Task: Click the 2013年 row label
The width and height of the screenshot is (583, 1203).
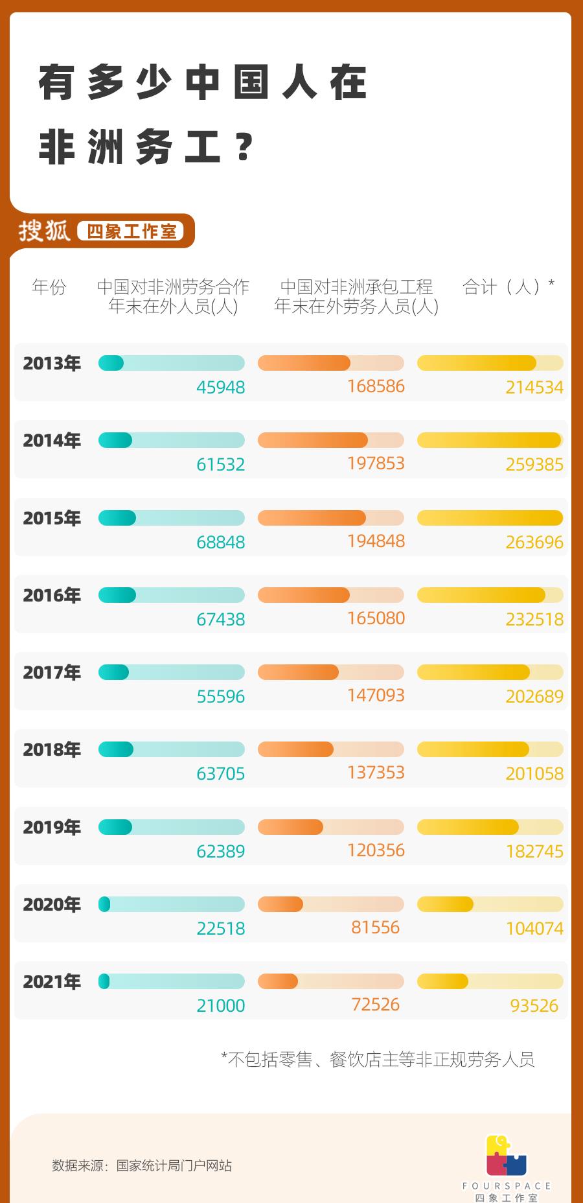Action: coord(52,364)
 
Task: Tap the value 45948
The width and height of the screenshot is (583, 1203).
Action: coord(220,388)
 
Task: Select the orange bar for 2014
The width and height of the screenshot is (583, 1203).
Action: coord(330,441)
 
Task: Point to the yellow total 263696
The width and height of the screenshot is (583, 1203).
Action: coord(534,543)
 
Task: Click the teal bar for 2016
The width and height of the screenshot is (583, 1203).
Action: coord(171,595)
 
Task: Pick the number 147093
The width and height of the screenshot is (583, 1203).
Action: coord(376,695)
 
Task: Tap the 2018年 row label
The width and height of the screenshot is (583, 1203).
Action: coord(52,750)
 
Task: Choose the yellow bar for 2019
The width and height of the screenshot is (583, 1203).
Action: coord(490,827)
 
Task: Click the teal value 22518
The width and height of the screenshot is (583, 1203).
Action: coord(220,929)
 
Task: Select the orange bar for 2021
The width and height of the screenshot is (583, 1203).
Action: coord(330,981)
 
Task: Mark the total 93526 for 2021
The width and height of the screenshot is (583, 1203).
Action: coord(534,1006)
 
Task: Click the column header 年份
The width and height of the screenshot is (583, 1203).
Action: coord(49,286)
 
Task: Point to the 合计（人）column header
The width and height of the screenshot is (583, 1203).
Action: coord(508,286)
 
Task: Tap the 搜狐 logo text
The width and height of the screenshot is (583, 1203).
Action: coord(44,231)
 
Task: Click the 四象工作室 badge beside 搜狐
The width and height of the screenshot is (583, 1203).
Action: coord(131,231)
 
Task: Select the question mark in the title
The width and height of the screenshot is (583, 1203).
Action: coord(244,148)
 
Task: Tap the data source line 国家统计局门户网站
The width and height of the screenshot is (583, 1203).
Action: coord(142,1165)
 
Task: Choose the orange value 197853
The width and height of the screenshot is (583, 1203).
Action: coord(376,463)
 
